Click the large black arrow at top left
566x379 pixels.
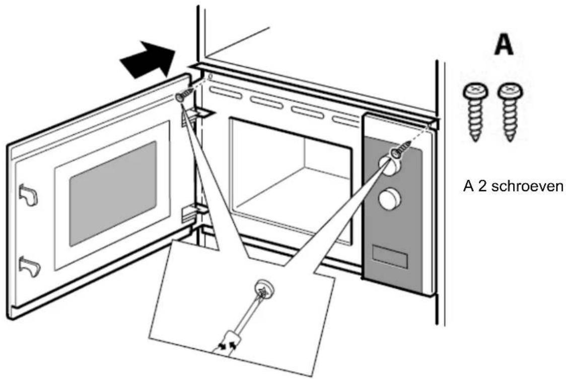[x=148, y=61]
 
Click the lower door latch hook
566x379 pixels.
[x=27, y=265]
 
